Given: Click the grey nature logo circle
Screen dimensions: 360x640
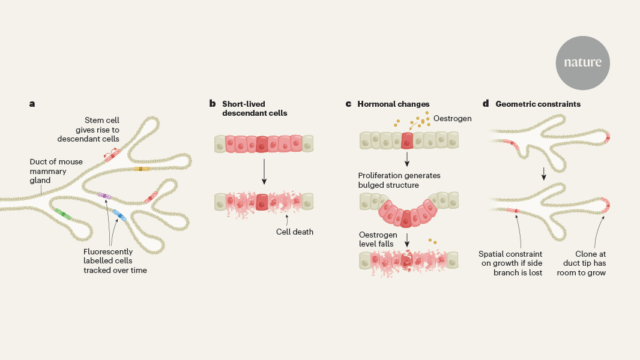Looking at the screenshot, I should (582, 62).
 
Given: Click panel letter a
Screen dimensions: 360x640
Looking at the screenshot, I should (32, 104).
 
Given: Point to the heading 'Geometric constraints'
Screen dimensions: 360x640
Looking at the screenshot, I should (538, 104).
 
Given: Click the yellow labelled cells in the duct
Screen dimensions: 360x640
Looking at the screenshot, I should (141, 169).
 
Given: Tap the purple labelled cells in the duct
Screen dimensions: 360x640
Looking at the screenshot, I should (104, 196).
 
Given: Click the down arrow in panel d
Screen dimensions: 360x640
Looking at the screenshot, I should (543, 173).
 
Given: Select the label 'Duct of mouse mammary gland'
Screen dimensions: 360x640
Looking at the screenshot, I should (48, 170).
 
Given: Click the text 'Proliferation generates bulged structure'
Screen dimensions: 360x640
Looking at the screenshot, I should (399, 180).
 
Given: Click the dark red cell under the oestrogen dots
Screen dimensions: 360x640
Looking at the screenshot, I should (407, 141).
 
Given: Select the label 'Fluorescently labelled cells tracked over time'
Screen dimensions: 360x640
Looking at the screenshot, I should (114, 261).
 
